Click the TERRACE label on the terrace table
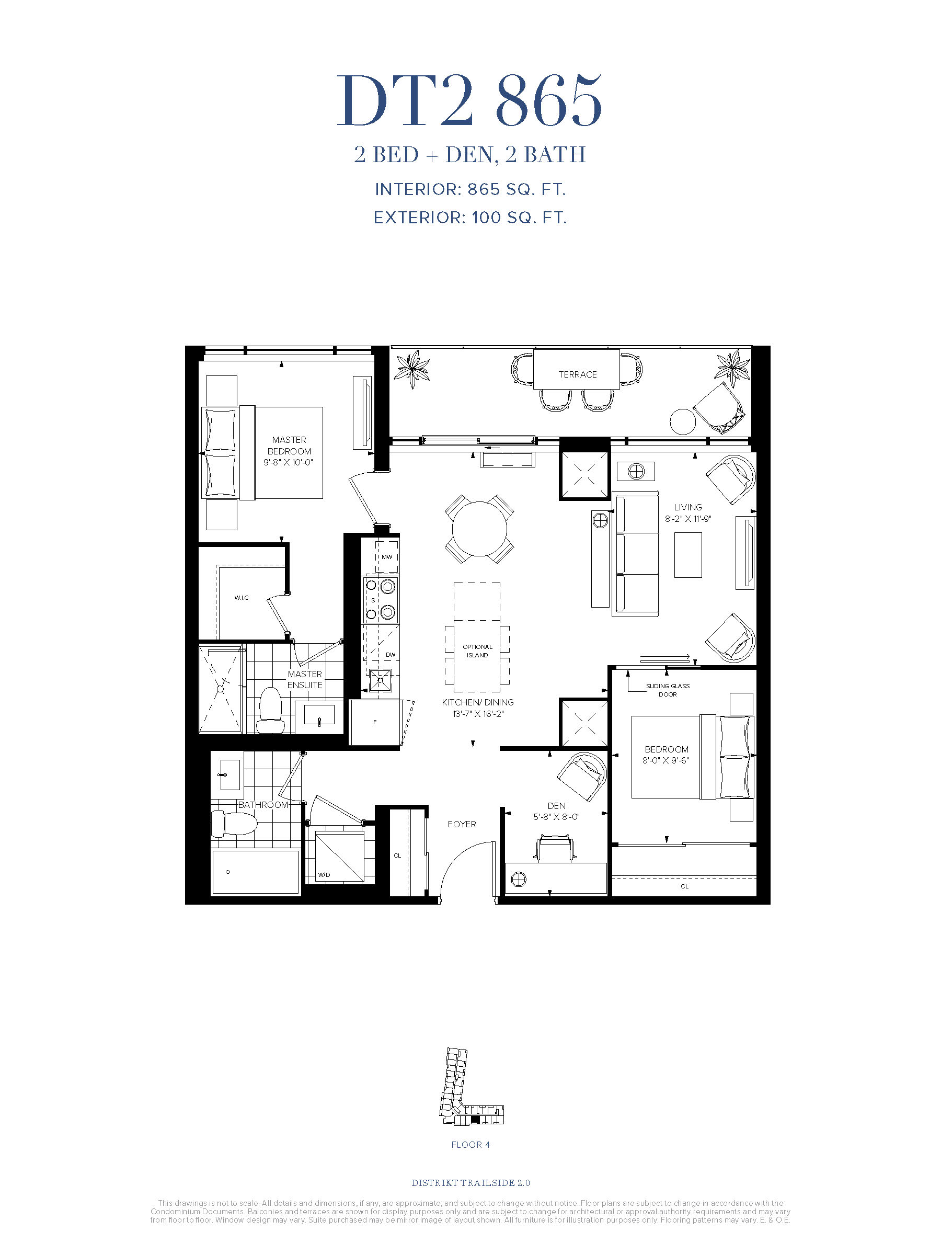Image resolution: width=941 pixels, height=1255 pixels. click(x=578, y=374)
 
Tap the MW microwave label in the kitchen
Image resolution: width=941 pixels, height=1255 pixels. click(x=387, y=556)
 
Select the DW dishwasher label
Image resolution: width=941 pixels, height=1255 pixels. click(x=390, y=655)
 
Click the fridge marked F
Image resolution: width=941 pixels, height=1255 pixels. click(x=375, y=722)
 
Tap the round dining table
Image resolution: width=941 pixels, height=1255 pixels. click(x=479, y=529)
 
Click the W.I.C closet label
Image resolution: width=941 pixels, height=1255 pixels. click(x=242, y=597)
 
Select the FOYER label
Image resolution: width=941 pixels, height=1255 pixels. click(x=462, y=824)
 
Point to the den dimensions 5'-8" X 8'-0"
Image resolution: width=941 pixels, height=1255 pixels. click(x=556, y=816)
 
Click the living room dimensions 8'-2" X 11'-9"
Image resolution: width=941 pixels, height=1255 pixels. click(x=688, y=519)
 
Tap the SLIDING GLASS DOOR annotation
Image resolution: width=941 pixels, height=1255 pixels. click(x=668, y=690)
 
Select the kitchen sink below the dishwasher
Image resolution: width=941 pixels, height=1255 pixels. click(x=380, y=680)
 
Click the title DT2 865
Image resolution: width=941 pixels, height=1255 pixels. click(x=469, y=101)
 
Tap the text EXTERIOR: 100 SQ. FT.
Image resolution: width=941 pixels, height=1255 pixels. click(x=470, y=218)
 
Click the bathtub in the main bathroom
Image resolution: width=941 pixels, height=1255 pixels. click(x=255, y=872)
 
